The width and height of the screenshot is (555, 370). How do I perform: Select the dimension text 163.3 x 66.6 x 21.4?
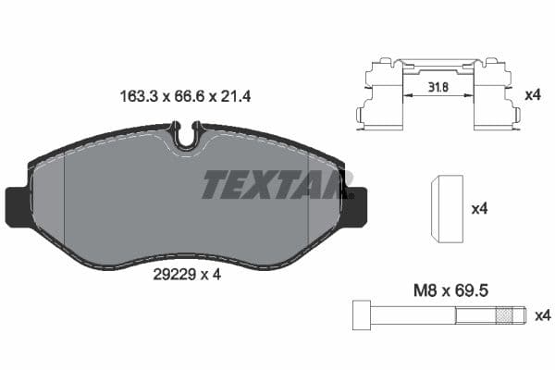tap(185, 94)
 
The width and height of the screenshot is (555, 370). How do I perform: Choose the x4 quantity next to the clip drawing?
tap(532, 94)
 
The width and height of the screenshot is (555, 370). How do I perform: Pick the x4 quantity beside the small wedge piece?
tap(479, 209)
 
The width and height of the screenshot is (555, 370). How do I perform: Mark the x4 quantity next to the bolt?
tap(542, 316)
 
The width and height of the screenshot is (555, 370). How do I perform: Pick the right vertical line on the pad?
tap(308, 208)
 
